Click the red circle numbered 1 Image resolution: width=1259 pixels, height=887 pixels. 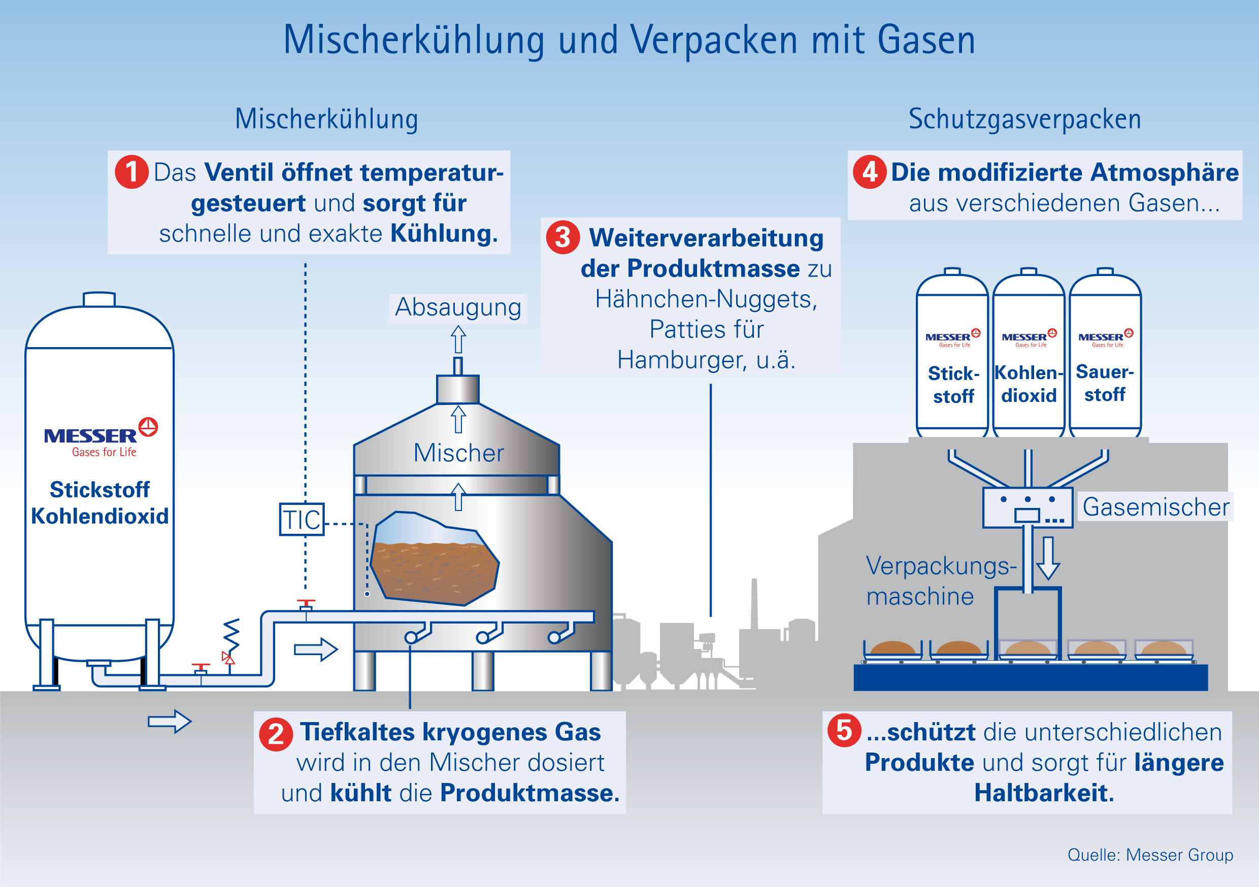click(131, 172)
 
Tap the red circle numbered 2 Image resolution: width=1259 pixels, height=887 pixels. click(276, 734)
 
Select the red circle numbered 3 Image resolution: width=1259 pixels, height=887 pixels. click(562, 237)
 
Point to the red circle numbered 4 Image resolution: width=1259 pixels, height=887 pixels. click(870, 172)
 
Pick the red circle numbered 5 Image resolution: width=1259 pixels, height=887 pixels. click(844, 730)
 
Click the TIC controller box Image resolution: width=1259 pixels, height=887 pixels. click(302, 519)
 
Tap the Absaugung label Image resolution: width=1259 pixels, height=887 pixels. click(458, 308)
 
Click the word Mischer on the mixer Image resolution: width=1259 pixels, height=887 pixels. click(458, 453)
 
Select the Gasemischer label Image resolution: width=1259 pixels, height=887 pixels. click(1156, 507)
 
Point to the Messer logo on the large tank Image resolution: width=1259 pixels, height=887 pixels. click(101, 437)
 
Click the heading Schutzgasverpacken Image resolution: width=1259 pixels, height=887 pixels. click(1024, 119)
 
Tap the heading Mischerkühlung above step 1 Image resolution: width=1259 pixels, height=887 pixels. click(326, 119)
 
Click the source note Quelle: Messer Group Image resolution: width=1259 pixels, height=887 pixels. click(1150, 855)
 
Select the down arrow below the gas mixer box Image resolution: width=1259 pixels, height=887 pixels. click(1048, 558)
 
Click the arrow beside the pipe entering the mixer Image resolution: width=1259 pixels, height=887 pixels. click(316, 650)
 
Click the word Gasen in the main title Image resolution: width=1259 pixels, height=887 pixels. click(926, 40)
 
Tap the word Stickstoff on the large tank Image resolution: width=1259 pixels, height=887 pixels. click(100, 490)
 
